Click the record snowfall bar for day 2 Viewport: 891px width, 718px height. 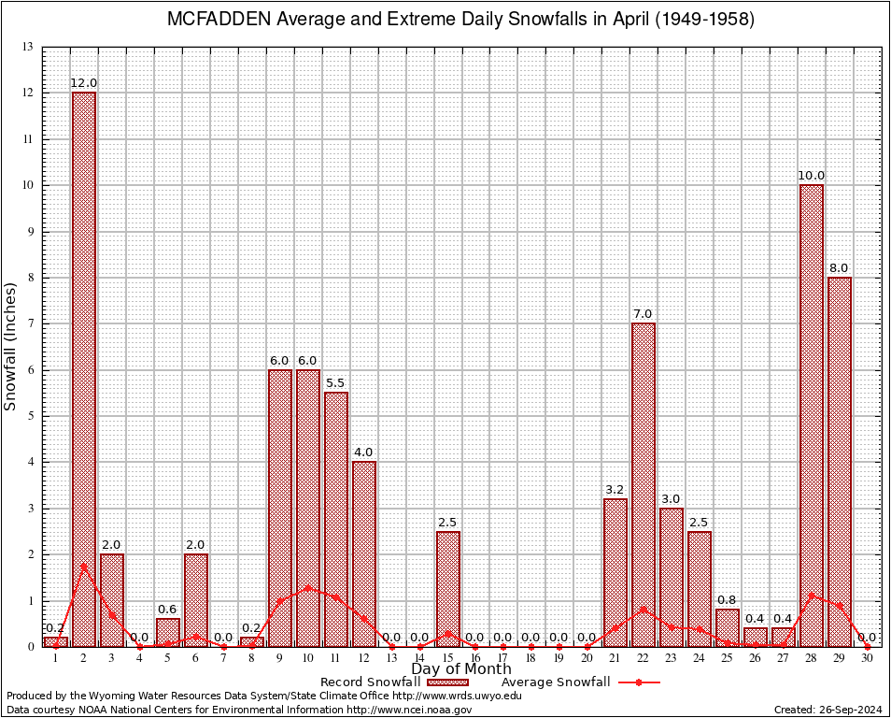[84, 369]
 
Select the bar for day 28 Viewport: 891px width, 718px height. [812, 415]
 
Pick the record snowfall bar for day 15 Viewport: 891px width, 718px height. [448, 589]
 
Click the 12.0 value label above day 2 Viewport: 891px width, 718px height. [84, 83]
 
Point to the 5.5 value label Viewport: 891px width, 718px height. [336, 383]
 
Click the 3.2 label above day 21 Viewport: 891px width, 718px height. [615, 490]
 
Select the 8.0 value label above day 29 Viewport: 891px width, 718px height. [840, 268]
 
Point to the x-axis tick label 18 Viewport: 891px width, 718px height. [531, 659]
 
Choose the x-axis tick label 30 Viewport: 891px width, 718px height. [868, 659]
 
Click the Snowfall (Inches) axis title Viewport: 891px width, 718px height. [11, 346]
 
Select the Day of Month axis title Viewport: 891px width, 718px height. [461, 669]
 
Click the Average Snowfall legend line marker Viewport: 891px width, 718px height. [639, 682]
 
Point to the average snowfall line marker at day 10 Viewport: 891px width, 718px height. [308, 588]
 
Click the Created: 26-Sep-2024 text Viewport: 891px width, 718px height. [828, 710]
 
